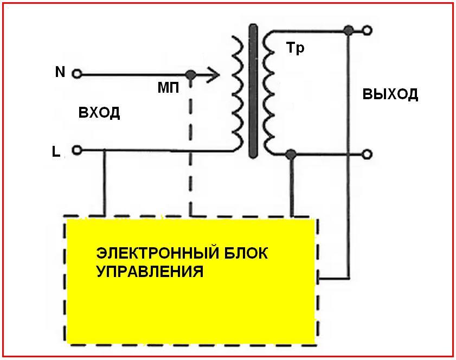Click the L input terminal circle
click(x=76, y=151)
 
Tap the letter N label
click(x=60, y=72)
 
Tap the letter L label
click(x=56, y=152)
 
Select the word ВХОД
click(x=99, y=113)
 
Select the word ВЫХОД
click(x=390, y=94)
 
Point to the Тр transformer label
click(x=295, y=48)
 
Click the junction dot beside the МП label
click(x=190, y=75)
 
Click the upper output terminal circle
click(x=367, y=30)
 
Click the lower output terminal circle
click(x=367, y=155)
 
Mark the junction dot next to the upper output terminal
click(x=349, y=30)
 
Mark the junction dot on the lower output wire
click(x=291, y=155)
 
